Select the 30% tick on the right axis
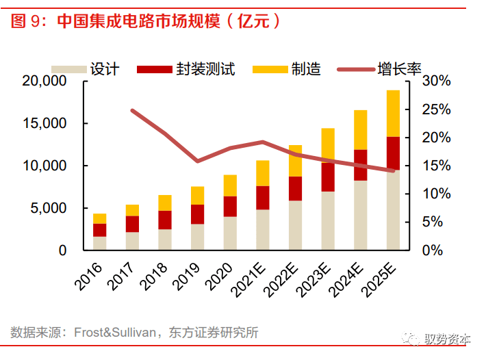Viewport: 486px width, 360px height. point(436,81)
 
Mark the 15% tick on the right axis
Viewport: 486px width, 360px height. point(436,166)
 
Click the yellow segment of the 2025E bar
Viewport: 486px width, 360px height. point(393,113)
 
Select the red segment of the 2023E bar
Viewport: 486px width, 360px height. point(328,177)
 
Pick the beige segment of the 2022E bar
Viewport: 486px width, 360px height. point(295,225)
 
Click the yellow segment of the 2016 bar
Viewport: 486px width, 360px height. point(100,218)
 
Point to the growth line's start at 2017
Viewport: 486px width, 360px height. point(132,110)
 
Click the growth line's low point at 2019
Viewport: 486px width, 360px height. point(197,162)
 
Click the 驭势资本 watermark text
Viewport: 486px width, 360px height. point(448,339)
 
